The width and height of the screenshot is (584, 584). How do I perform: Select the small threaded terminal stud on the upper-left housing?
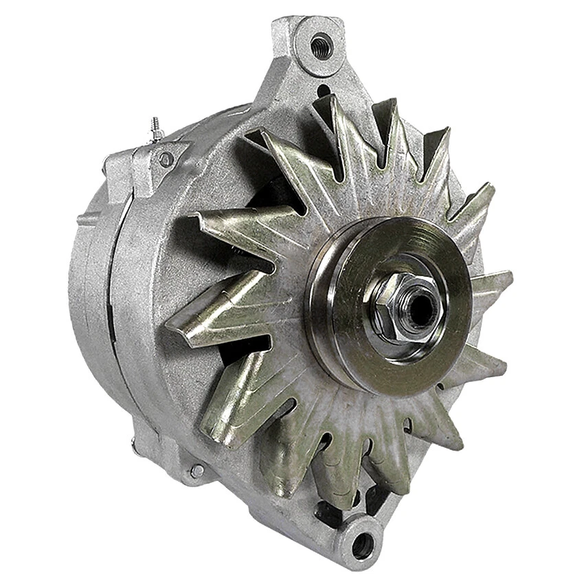(157, 129)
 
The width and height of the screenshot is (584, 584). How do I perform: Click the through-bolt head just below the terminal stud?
(166, 159)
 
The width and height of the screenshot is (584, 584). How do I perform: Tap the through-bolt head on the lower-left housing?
(197, 471)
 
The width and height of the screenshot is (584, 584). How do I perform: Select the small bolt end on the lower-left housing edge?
(133, 440)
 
